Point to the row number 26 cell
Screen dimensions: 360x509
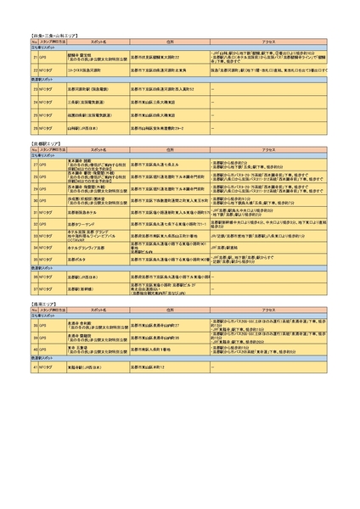click(x=33, y=128)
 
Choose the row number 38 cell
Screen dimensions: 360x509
click(x=33, y=325)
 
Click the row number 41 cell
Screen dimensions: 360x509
click(x=33, y=367)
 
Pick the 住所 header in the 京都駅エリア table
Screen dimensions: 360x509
click(x=169, y=150)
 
